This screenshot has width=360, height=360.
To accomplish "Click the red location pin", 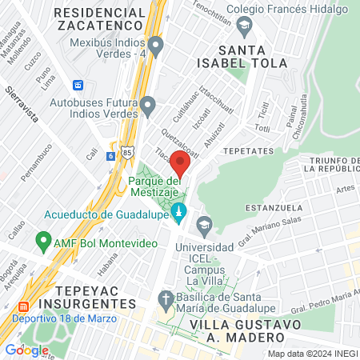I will click(181, 165).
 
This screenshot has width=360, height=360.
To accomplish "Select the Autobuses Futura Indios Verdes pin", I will click(147, 104).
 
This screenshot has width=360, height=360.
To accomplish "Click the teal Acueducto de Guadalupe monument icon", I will click(180, 214).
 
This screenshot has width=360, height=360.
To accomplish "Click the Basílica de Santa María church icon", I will click(166, 302).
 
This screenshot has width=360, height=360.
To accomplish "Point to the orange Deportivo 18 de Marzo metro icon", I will click(22, 306).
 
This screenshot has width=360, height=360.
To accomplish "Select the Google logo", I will click(27, 350).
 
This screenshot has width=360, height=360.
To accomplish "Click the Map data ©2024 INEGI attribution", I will click(313, 354).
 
